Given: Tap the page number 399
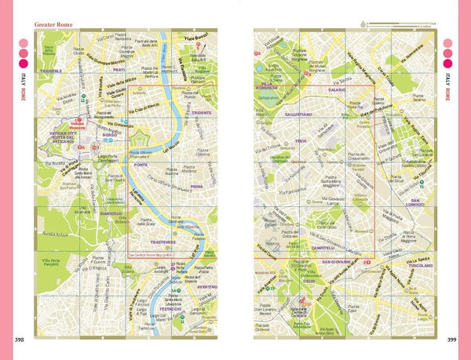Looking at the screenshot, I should pyautogui.click(x=451, y=339).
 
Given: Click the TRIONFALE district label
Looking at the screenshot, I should pyautogui.click(x=51, y=71).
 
